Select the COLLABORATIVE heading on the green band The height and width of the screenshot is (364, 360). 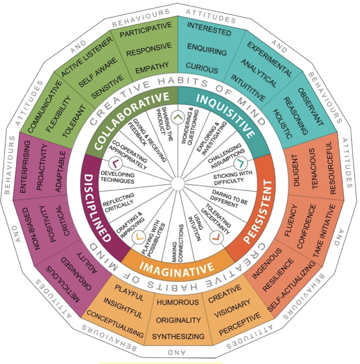[130, 118]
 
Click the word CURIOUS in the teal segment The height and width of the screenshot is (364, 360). [202, 68]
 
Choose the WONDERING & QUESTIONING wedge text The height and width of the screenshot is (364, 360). [190, 127]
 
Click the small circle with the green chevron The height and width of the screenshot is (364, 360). [178, 117]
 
